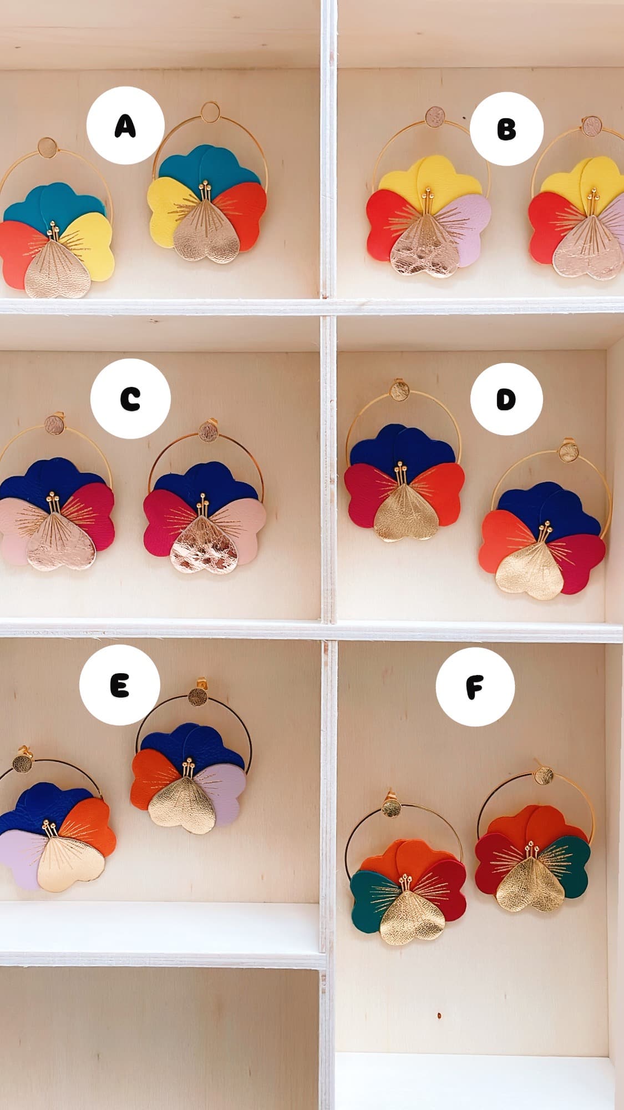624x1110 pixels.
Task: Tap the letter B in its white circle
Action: click(506, 129)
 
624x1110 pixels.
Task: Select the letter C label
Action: click(130, 399)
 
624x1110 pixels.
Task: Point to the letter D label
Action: click(506, 400)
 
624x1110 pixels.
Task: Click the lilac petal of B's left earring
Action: click(472, 222)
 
